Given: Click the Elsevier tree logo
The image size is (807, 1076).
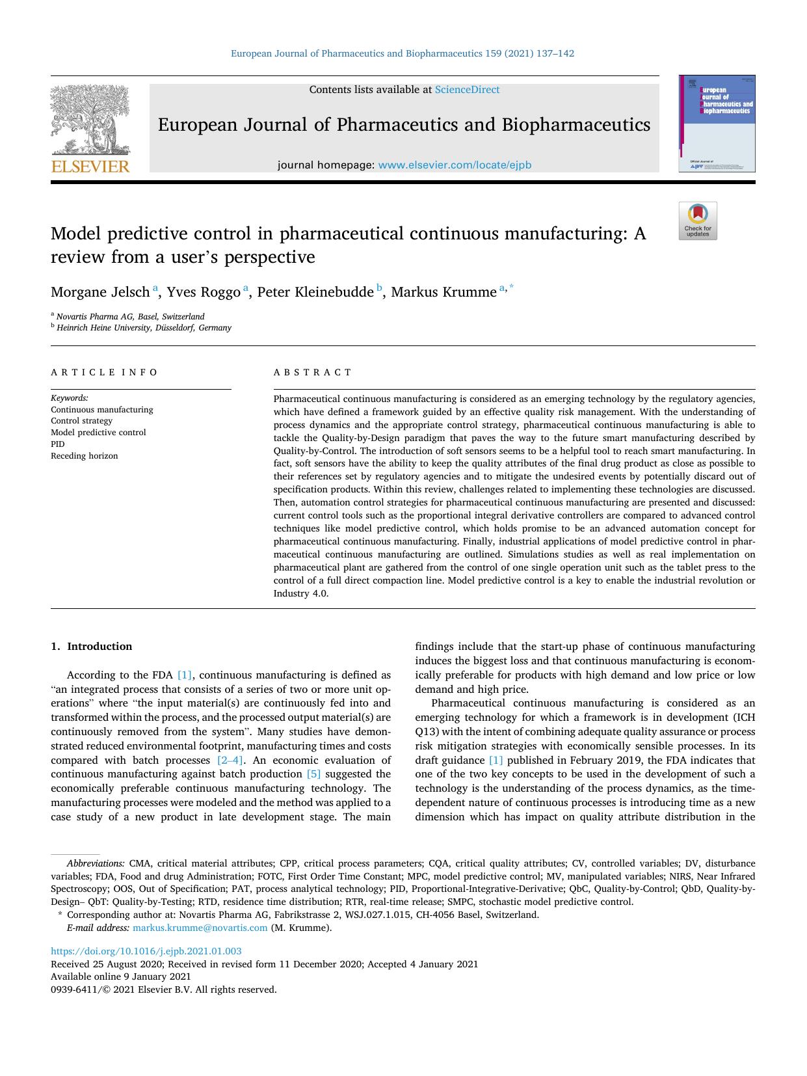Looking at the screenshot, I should [90, 120].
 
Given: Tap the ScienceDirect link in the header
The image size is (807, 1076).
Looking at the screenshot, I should [467, 90].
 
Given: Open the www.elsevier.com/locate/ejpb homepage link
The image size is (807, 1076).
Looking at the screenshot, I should [455, 165].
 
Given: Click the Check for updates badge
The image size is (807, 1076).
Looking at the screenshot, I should [698, 221].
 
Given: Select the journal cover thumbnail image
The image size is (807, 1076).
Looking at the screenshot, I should [717, 124].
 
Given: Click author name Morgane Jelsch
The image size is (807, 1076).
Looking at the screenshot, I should [100, 292].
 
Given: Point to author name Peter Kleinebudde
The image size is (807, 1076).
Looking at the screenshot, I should [315, 292].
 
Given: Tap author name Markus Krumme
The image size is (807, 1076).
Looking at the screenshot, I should [443, 292].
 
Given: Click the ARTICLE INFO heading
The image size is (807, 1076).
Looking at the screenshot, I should [105, 373].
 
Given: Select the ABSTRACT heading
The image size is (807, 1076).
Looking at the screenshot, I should [313, 373].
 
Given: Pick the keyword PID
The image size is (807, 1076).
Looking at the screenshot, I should [58, 444].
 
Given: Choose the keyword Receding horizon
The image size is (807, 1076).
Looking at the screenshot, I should [85, 456].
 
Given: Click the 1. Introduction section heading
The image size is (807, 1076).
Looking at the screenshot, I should [92, 647].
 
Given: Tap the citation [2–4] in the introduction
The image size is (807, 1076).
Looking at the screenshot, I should [231, 760].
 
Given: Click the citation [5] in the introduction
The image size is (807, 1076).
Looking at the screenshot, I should [313, 774].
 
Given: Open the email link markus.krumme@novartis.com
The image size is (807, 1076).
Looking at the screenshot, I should [200, 928].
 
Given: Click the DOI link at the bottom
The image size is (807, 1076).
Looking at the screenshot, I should [146, 951].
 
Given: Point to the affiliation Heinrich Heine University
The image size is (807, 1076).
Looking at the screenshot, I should [144, 328].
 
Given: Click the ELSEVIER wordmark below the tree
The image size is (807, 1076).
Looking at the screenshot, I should [90, 167].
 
